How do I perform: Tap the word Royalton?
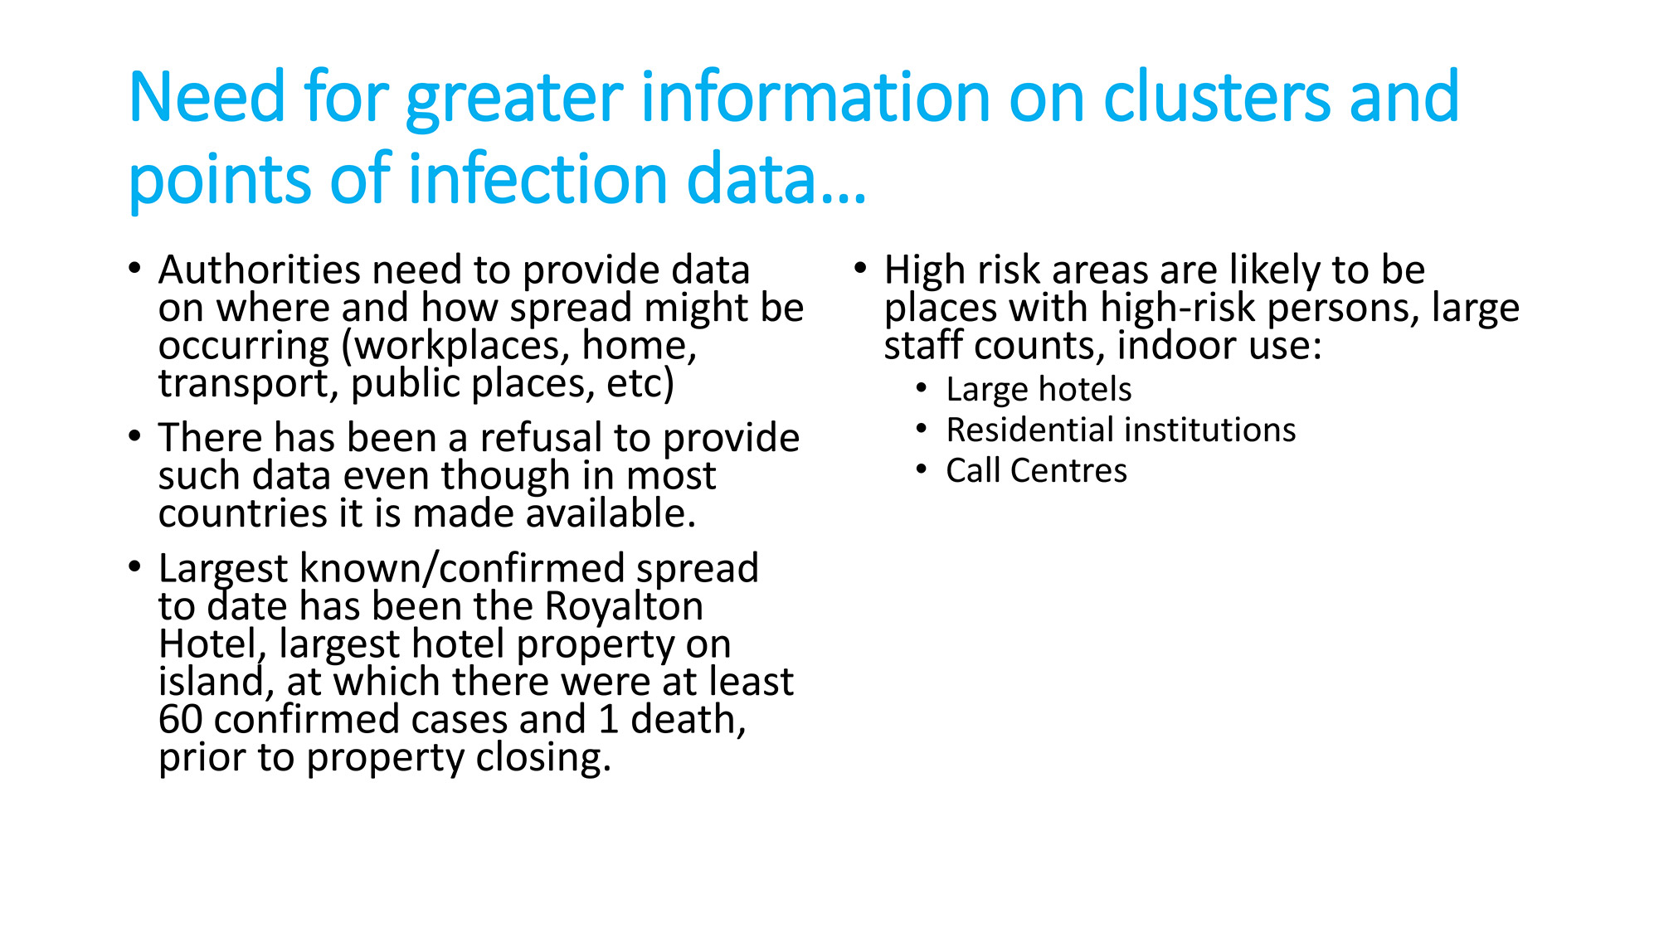click(x=624, y=606)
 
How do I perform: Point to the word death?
click(x=688, y=720)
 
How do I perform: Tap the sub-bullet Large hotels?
click(x=1039, y=390)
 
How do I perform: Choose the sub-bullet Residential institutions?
click(x=1121, y=430)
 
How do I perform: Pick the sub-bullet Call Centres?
click(x=1036, y=471)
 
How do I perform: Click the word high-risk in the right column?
click(x=1179, y=309)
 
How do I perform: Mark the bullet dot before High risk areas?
click(x=860, y=268)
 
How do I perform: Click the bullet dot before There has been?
click(x=134, y=436)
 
